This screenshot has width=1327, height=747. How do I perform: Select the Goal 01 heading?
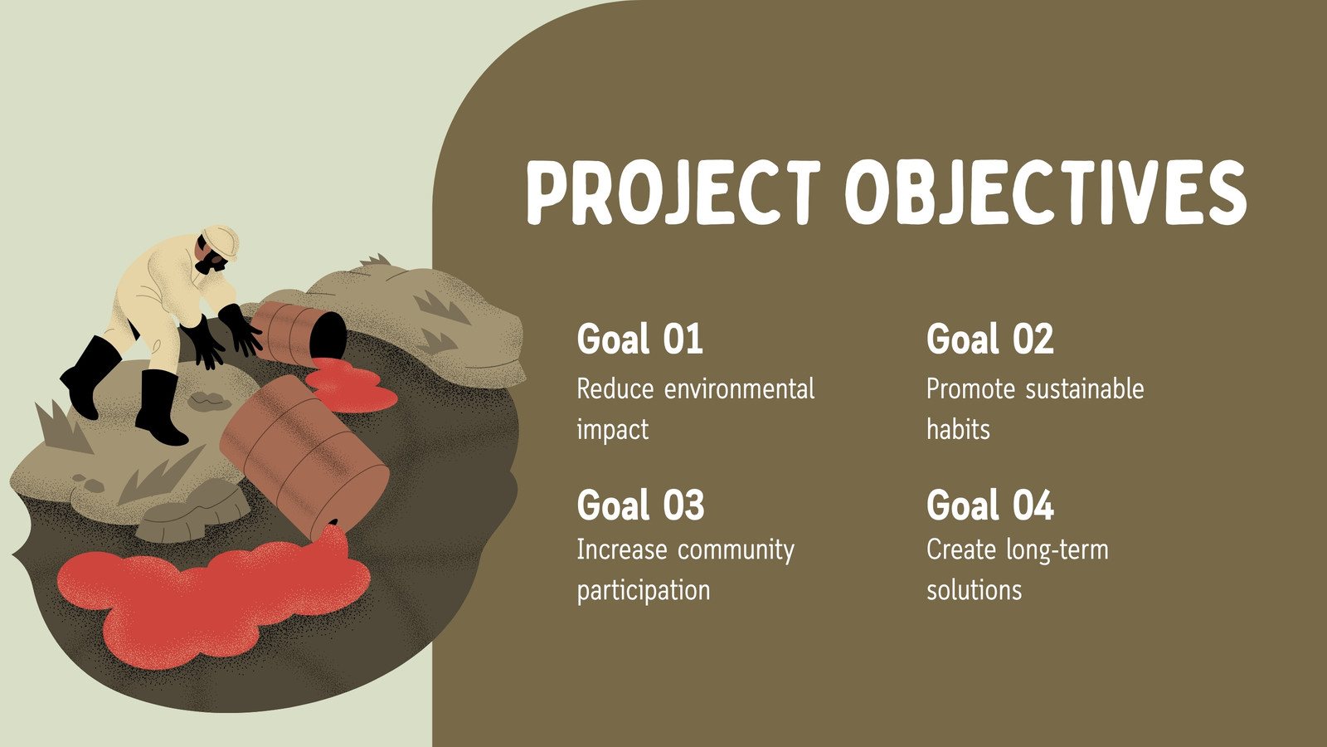pyautogui.click(x=639, y=339)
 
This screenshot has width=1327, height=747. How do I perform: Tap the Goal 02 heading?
pyautogui.click(x=990, y=339)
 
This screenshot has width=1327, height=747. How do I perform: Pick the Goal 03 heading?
pyautogui.click(x=640, y=505)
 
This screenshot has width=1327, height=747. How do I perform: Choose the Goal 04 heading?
pyautogui.click(x=990, y=505)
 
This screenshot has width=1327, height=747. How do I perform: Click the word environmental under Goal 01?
pyautogui.click(x=739, y=389)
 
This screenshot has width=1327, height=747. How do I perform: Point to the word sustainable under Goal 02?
pyautogui.click(x=1085, y=389)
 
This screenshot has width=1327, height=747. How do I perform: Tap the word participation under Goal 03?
pyautogui.click(x=644, y=591)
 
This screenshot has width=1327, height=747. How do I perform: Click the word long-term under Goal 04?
pyautogui.click(x=1057, y=550)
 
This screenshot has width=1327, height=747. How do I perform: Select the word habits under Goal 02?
pyautogui.click(x=958, y=429)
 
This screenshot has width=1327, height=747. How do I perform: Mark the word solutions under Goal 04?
pyautogui.click(x=974, y=590)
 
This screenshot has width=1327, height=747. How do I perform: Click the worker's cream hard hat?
pyautogui.click(x=221, y=240)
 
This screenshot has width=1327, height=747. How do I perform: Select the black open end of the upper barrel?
pyautogui.click(x=328, y=336)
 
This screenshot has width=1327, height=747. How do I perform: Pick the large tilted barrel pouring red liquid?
pyautogui.click(x=304, y=456)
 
